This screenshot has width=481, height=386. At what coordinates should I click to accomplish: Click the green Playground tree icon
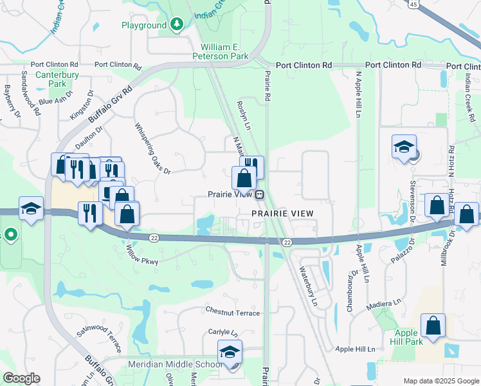[x=176, y=24]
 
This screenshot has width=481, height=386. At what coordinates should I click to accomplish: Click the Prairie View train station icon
[x=259, y=194]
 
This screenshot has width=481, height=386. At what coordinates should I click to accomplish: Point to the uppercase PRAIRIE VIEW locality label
[x=282, y=213]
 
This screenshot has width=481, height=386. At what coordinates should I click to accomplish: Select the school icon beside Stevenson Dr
[x=404, y=148]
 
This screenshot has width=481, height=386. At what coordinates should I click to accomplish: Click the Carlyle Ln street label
[x=222, y=333]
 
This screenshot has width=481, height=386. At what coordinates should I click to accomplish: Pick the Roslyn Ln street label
[x=243, y=115]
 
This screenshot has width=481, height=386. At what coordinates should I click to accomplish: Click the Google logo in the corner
[x=21, y=378]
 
